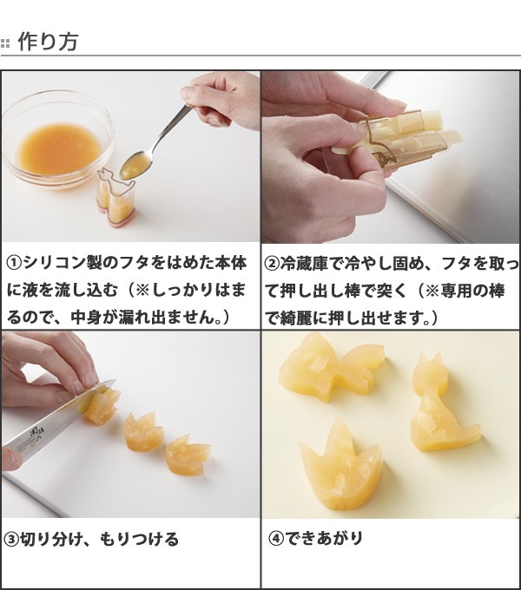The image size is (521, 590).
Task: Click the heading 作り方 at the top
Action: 48,41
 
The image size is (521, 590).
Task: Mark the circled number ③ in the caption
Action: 12,539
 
